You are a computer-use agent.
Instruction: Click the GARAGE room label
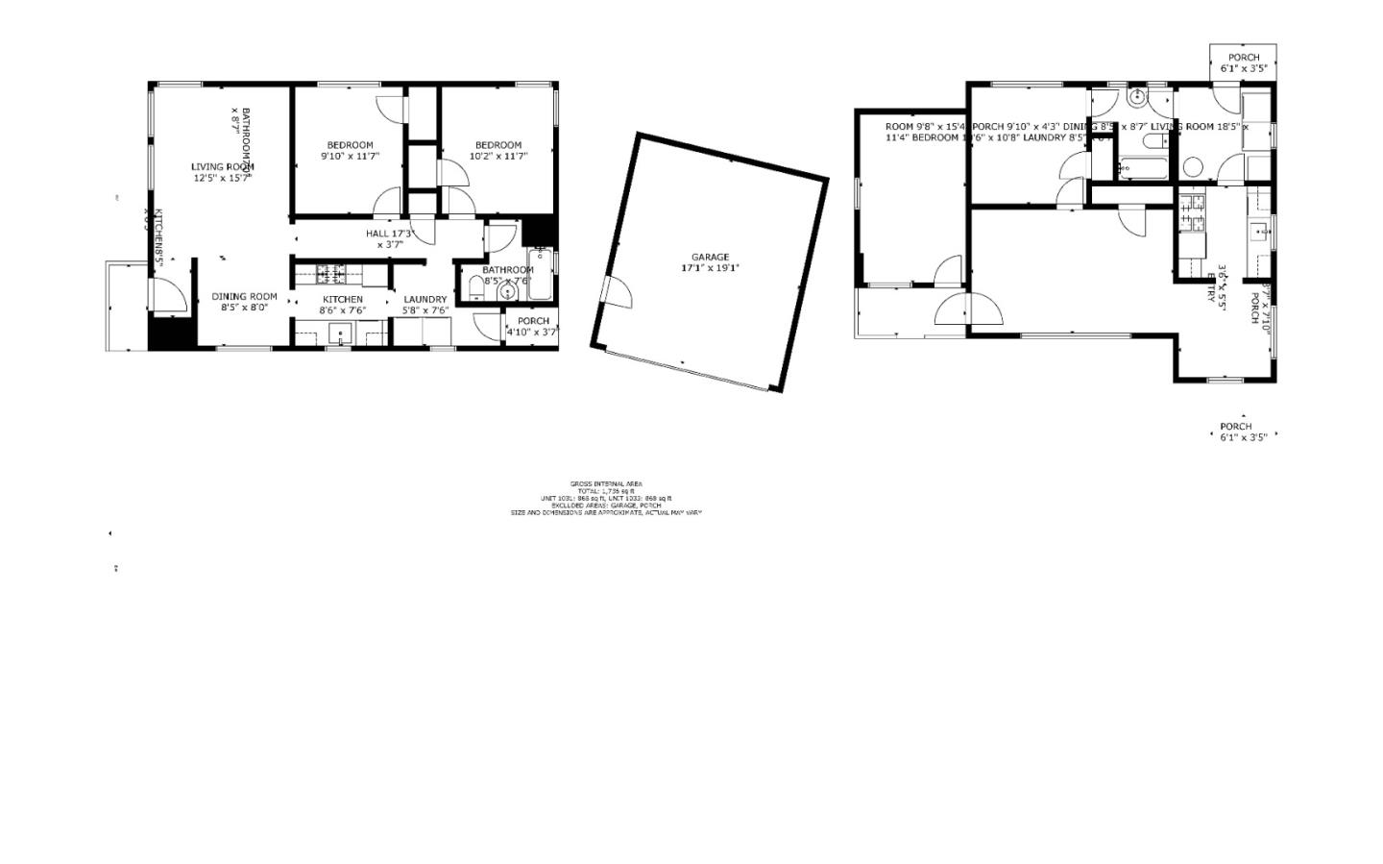(710, 257)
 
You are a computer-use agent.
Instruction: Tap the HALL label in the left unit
(378, 234)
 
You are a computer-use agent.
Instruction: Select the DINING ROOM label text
(244, 297)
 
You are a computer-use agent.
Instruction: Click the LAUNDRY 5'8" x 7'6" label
(425, 299)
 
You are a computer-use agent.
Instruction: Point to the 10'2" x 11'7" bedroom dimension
(498, 156)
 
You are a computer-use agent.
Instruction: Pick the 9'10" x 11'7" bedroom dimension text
(350, 156)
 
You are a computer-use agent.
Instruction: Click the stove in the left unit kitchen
(331, 275)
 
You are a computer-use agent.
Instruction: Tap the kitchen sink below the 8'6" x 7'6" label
(341, 333)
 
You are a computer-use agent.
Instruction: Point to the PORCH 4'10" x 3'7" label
(533, 321)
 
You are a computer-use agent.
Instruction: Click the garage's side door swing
(616, 292)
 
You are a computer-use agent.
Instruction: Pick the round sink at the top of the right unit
(1136, 96)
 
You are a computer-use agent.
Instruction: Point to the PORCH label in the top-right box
(1243, 58)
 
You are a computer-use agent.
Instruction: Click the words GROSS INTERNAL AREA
(606, 483)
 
